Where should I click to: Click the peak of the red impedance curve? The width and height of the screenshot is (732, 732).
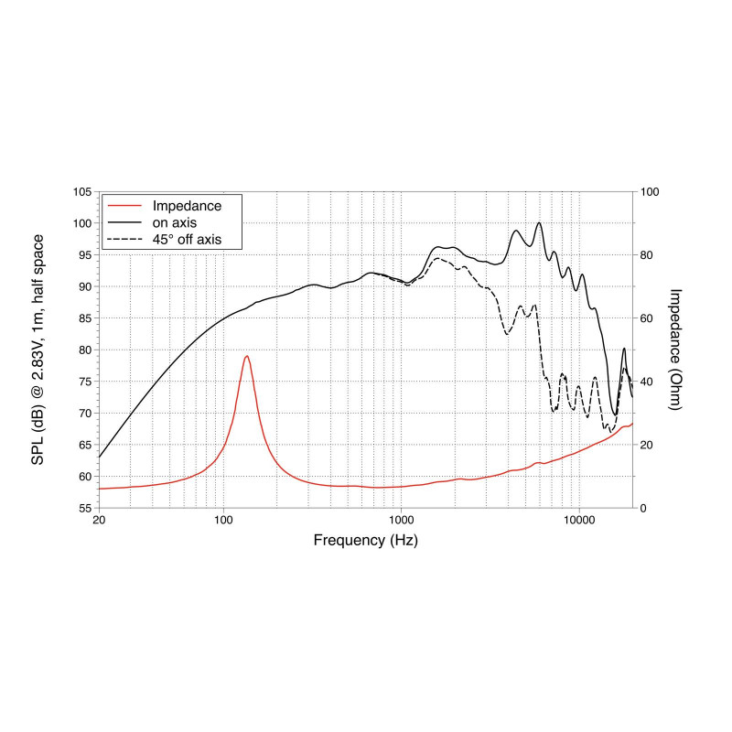point(246,356)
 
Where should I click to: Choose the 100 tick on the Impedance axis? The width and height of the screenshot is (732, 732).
point(651,192)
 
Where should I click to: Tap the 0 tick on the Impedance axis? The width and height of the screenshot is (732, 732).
point(644,508)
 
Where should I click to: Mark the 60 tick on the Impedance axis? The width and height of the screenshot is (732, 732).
point(648,318)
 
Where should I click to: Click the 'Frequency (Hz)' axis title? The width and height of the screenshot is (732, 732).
point(365,541)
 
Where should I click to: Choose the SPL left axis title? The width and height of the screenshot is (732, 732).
point(38,350)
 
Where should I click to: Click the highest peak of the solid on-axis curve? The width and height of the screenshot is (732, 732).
point(539,222)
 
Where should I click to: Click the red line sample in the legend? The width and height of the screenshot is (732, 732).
point(124,204)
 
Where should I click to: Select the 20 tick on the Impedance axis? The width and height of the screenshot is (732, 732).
point(648,445)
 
